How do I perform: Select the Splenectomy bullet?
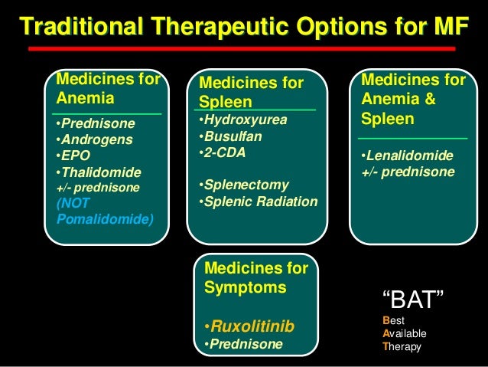click(242, 185)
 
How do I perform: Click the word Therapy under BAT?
click(402, 346)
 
